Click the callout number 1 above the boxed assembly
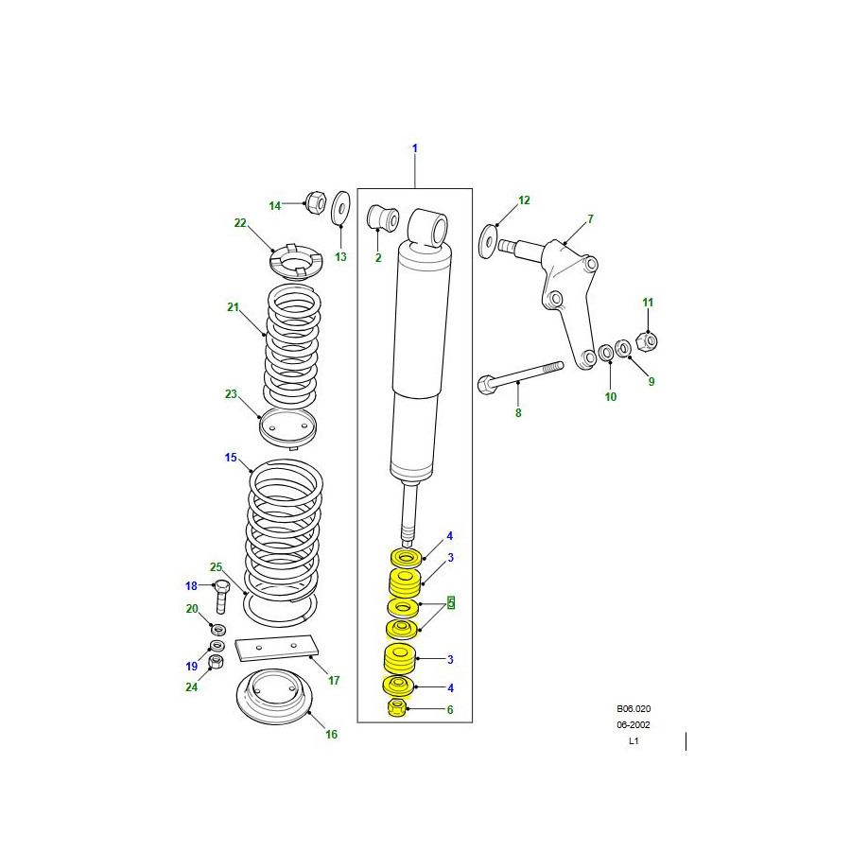[x=415, y=148]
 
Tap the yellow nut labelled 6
[x=397, y=707]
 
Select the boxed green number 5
[x=451, y=603]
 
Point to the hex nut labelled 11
[x=647, y=341]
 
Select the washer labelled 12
[x=488, y=242]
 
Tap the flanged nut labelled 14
[x=316, y=202]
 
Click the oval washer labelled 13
[x=340, y=207]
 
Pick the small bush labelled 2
[x=383, y=217]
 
